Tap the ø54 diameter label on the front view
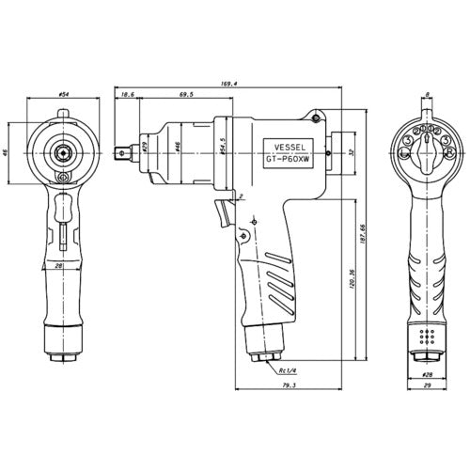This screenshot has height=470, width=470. [x=64, y=95]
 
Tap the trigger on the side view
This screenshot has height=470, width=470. [x=224, y=211]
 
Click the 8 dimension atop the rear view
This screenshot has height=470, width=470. [x=426, y=95]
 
